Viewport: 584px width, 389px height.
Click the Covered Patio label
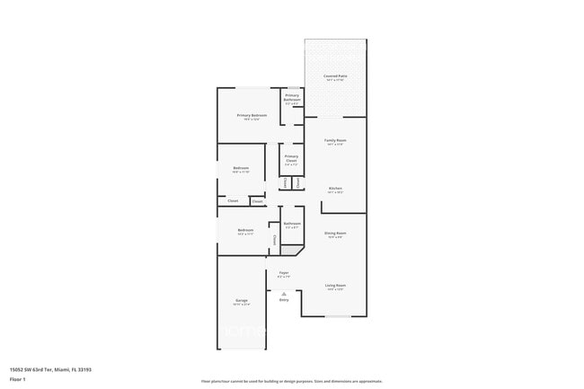pos(335,76)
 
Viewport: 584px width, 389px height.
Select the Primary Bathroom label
pos(292,97)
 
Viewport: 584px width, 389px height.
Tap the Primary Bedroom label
pos(252,115)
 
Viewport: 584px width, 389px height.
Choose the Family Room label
pos(335,140)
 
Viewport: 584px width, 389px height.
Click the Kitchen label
pos(335,189)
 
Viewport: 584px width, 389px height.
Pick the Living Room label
pos(335,286)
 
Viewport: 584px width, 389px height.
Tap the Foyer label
pos(284,272)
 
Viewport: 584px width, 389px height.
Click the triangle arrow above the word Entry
pos(284,294)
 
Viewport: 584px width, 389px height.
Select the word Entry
pos(284,300)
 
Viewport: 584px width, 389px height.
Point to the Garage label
pos(242,300)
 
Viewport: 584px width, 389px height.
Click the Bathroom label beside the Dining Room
pos(292,223)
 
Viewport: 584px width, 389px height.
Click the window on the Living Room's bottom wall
pos(337,316)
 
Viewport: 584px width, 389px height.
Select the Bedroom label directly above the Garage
pos(245,230)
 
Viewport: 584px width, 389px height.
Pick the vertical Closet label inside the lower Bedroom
pos(274,239)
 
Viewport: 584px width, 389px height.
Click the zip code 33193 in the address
pos(84,369)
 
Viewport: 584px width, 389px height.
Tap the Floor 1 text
pos(18,380)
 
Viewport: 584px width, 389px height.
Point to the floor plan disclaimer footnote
pos(292,381)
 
